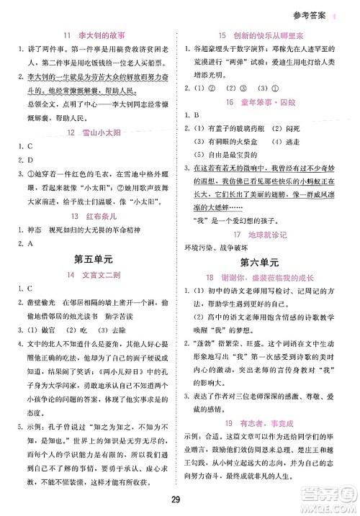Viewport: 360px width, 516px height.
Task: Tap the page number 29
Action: click(x=180, y=501)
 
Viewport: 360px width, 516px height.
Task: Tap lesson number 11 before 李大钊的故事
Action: click(x=67, y=35)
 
